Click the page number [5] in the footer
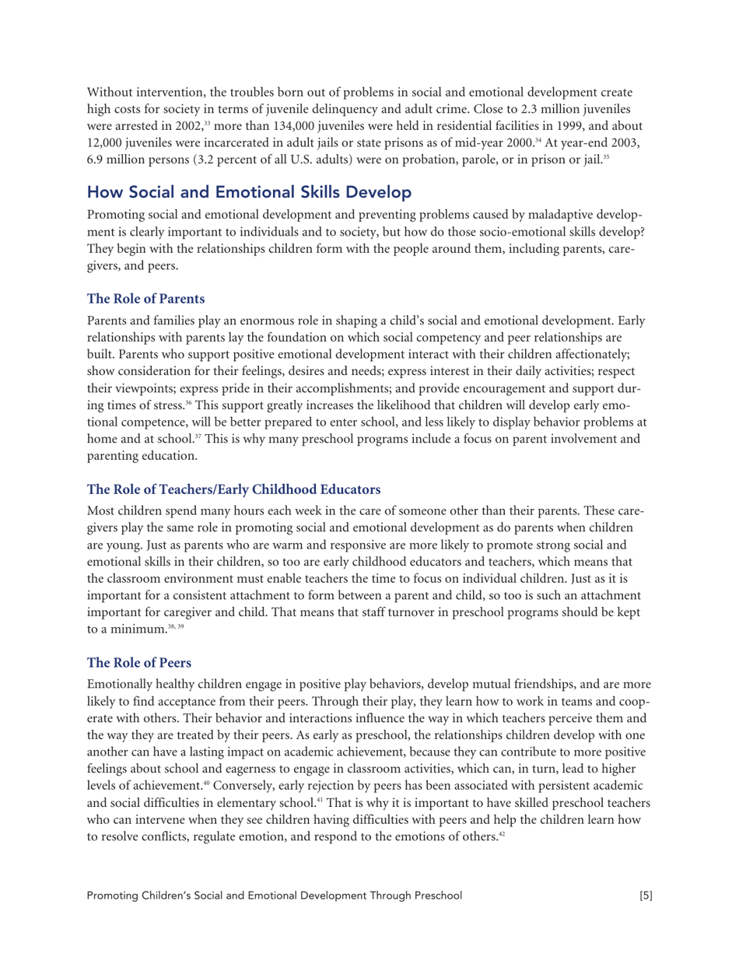click(644, 917)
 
